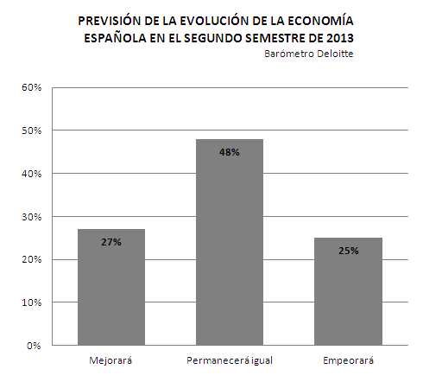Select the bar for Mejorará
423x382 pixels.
111,287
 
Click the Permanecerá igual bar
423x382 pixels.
230,242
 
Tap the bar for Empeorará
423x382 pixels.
348,291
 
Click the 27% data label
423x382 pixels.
111,242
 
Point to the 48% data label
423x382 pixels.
230,152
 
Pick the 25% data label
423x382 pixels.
349,251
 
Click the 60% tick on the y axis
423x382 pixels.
32,87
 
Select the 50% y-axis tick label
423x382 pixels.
32,131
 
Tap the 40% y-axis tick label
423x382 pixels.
32,174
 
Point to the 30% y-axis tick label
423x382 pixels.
32,217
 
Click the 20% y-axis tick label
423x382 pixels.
32,259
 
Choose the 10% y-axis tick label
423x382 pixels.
32,302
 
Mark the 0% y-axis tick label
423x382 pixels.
34,346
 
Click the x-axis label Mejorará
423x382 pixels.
110,360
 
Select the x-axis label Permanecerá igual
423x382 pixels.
230,360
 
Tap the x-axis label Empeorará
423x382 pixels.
348,360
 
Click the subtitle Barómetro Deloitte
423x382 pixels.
309,54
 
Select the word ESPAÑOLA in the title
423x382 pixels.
115,38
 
